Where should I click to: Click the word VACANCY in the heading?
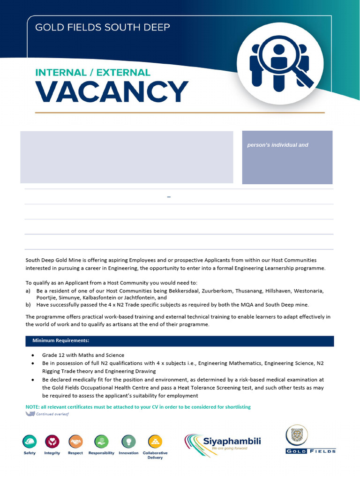(x=112, y=92)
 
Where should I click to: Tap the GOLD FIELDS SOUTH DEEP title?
(x=103, y=27)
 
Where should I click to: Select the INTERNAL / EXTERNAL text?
(x=93, y=73)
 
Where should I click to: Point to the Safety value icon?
(x=30, y=442)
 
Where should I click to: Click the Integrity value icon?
(x=52, y=442)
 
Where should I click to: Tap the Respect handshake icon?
(x=75, y=442)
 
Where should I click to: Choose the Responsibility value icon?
(x=101, y=442)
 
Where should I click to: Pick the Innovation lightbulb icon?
(x=128, y=442)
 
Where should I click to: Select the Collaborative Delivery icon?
(x=155, y=442)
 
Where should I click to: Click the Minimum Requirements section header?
(x=60, y=340)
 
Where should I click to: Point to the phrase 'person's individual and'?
(x=277, y=145)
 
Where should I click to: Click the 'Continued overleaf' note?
(x=52, y=414)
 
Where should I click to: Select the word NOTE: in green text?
(x=32, y=407)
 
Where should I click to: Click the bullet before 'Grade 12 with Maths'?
(x=32, y=355)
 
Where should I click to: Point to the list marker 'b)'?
(x=28, y=304)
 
